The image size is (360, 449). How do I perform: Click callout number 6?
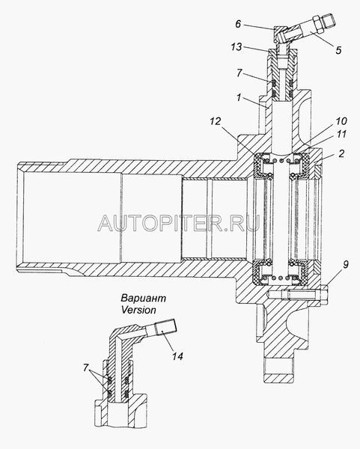[x=238, y=24]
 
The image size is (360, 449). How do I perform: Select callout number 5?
[x=338, y=50]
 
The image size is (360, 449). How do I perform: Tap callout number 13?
[x=237, y=46]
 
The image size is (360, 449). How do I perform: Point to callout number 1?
[x=239, y=97]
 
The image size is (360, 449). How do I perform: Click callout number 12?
[x=215, y=121]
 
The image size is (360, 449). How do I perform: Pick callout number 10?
[x=341, y=121]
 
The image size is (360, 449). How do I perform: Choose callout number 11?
[x=341, y=134]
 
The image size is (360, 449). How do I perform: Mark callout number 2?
[x=341, y=153]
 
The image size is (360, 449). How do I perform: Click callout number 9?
[x=346, y=264]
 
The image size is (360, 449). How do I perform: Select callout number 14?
[x=177, y=356]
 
